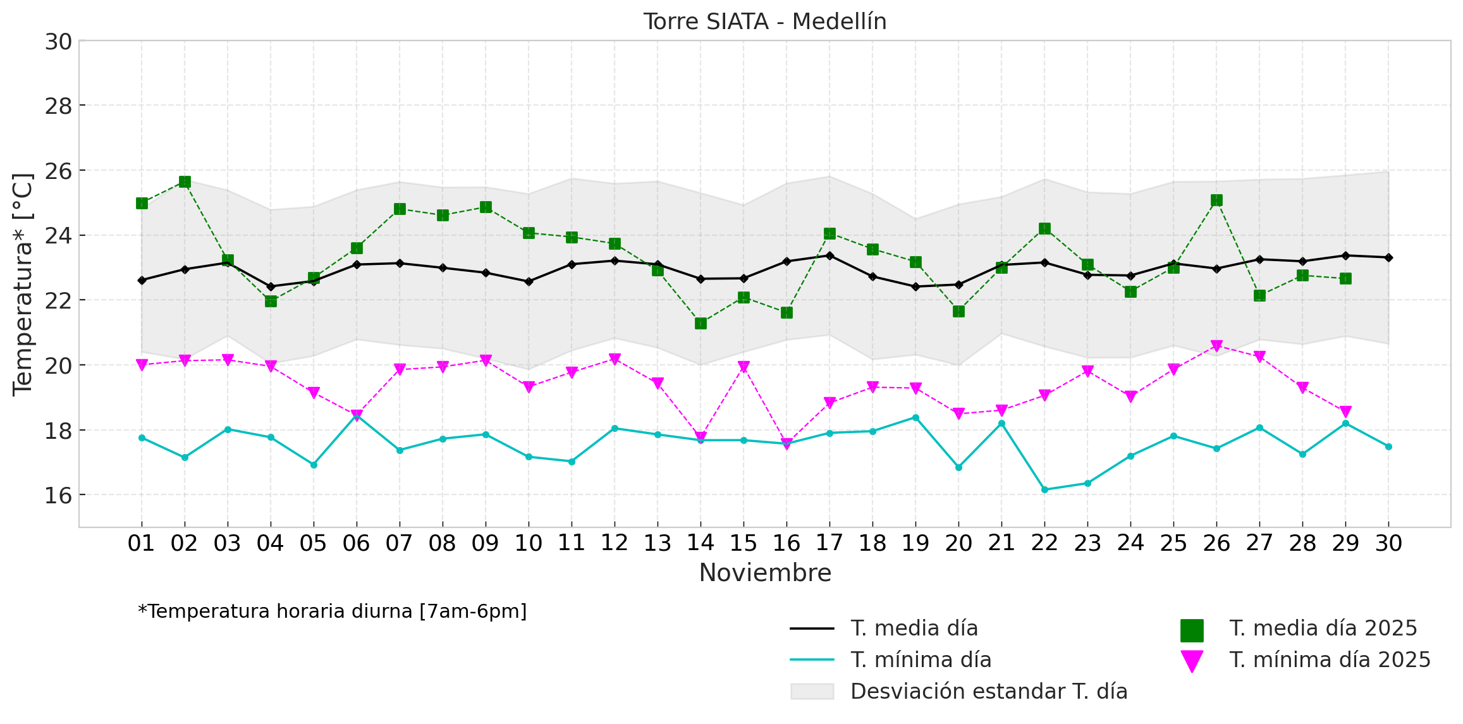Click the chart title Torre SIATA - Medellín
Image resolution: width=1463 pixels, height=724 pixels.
(x=765, y=21)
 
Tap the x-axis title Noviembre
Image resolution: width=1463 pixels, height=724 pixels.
(x=765, y=573)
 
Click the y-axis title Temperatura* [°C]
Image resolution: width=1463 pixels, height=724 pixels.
(x=23, y=284)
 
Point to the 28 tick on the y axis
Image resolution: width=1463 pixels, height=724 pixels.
(x=58, y=106)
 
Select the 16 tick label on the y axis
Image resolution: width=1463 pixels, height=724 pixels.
(x=58, y=496)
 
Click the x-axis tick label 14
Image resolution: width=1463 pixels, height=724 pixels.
(x=701, y=543)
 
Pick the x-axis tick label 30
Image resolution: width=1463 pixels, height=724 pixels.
(x=1388, y=543)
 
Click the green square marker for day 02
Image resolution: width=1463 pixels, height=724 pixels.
(x=185, y=182)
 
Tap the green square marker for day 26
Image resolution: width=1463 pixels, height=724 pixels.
(x=1216, y=200)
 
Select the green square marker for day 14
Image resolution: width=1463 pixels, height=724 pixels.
(x=701, y=324)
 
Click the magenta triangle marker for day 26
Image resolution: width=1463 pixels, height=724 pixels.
(x=1216, y=346)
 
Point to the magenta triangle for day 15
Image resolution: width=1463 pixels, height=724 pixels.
(x=744, y=367)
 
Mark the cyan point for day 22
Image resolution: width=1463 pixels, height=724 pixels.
(x=1044, y=489)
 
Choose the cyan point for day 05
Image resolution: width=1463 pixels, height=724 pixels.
(x=314, y=465)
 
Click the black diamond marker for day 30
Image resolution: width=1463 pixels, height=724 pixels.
(x=1388, y=257)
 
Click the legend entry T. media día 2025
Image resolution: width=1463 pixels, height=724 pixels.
(x=1323, y=629)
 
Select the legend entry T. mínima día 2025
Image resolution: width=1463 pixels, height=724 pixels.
(x=1329, y=660)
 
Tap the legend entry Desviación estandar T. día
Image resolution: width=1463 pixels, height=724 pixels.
(x=988, y=692)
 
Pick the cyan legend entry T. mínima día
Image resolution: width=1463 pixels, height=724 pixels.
(x=921, y=660)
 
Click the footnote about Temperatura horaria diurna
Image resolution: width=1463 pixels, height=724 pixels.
(x=333, y=611)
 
